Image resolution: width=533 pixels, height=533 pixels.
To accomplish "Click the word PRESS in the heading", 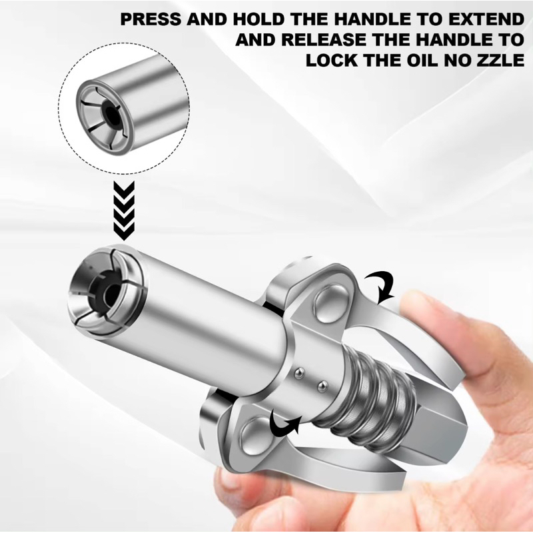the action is pos(151,19).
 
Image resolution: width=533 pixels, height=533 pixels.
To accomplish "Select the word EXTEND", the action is pos(486,19).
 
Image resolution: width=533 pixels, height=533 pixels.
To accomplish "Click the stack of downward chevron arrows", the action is pos(124,211).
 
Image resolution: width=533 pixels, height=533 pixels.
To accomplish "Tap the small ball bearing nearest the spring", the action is pos(322,386).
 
